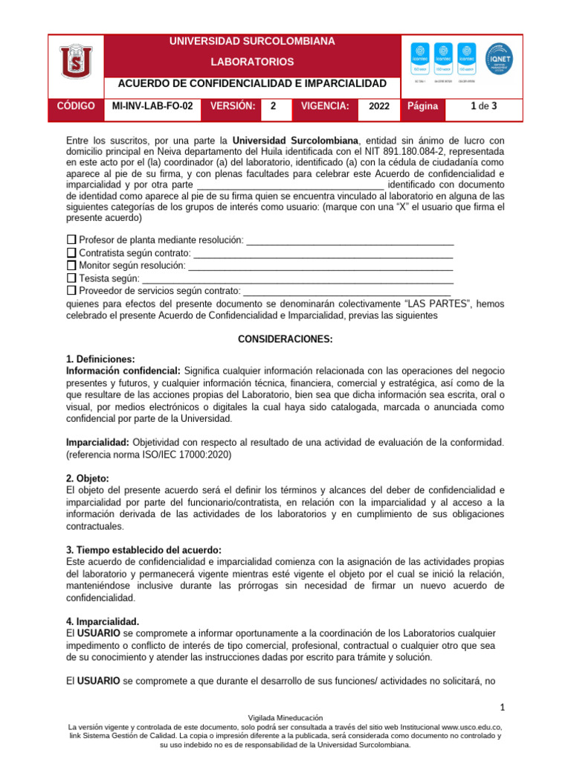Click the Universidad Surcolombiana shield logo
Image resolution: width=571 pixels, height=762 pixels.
point(77,65)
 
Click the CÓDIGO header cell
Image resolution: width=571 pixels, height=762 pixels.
point(76,106)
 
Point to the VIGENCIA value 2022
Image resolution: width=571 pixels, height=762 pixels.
point(378,107)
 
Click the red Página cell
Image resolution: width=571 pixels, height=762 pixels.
point(423,107)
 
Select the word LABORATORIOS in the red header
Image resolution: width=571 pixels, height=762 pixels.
point(252,62)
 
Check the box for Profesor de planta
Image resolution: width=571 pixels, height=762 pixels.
point(71,240)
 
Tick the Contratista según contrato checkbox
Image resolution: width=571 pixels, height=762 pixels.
point(71,253)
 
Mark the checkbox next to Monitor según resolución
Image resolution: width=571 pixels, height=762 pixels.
point(71,265)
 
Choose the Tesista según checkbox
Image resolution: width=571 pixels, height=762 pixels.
point(71,278)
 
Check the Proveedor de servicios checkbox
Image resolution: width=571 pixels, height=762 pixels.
point(71,290)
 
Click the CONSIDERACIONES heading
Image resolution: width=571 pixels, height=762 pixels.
point(285,339)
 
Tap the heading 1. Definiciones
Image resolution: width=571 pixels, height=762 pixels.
point(100,359)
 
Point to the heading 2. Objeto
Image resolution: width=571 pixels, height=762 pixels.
point(88,478)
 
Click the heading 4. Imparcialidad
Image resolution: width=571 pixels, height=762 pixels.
point(103,621)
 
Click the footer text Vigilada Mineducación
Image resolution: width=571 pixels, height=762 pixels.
point(285,717)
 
